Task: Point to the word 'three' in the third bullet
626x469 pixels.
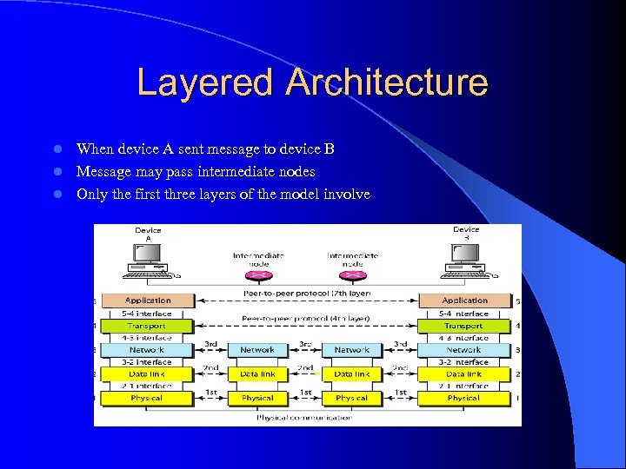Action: (186, 195)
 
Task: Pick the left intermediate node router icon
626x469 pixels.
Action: (257, 276)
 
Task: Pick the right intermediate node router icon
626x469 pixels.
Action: (351, 276)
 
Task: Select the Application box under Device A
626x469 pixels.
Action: (148, 301)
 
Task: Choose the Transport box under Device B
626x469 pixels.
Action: (463, 326)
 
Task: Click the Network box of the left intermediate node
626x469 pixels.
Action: (257, 350)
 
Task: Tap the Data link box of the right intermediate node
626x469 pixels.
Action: (351, 373)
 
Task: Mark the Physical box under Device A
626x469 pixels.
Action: (148, 398)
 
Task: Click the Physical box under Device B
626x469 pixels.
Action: (463, 398)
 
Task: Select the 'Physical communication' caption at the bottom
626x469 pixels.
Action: (304, 418)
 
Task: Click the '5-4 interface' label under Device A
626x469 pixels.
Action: (148, 314)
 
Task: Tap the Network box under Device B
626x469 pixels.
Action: (463, 350)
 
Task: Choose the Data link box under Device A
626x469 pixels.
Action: (148, 373)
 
